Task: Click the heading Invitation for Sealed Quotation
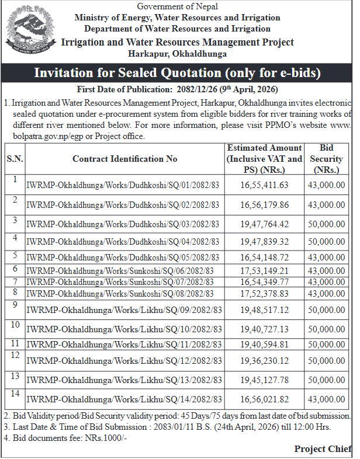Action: [x=178, y=73]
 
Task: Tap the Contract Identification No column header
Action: [x=124, y=159]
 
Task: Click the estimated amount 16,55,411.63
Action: [x=264, y=185]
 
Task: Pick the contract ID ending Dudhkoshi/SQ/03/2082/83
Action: [x=123, y=224]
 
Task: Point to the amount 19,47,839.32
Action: [x=264, y=241]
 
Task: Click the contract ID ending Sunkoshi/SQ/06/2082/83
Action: [x=120, y=270]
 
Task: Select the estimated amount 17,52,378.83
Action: [x=264, y=293]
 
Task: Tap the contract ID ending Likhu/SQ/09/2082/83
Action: [x=124, y=310]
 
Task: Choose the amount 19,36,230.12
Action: [x=264, y=361]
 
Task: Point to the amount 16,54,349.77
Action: [x=264, y=281]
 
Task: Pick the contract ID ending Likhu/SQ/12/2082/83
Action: [x=124, y=361]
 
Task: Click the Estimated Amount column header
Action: [x=264, y=159]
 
